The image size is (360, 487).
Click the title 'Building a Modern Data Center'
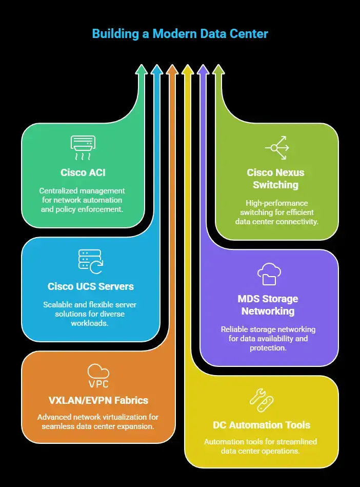(x=180, y=34)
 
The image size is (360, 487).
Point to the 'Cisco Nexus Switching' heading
(x=275, y=178)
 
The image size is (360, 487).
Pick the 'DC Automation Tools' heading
(x=262, y=425)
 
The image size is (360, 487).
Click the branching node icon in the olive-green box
(x=277, y=147)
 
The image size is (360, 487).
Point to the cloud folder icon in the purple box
(x=269, y=274)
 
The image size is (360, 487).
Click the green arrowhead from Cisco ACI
(x=142, y=70)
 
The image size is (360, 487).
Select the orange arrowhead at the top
(x=172, y=70)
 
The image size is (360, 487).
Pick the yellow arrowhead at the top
(x=188, y=70)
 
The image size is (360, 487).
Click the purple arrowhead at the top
(x=203, y=70)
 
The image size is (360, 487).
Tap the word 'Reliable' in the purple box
(x=235, y=329)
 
